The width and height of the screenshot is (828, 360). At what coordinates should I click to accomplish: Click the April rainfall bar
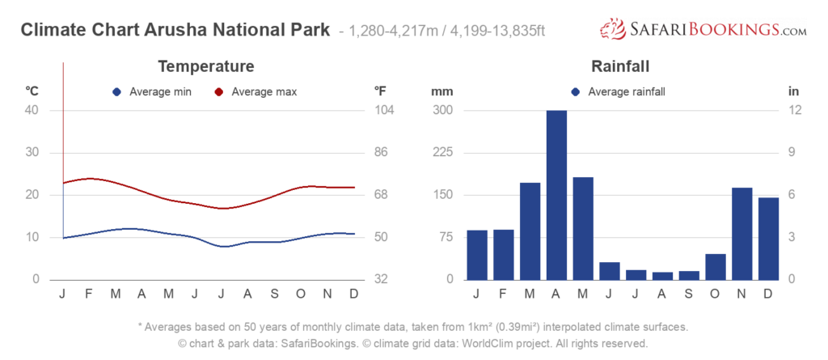(x=556, y=195)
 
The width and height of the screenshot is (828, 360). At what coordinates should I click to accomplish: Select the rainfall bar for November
(x=742, y=234)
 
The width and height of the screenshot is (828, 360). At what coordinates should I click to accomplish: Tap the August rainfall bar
(x=662, y=276)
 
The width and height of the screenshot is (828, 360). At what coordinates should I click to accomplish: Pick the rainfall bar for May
(x=583, y=228)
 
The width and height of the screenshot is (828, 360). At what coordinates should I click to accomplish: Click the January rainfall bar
(x=477, y=255)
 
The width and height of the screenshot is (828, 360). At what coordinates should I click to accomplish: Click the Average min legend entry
(x=152, y=92)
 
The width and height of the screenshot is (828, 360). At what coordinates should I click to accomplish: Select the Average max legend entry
(x=256, y=92)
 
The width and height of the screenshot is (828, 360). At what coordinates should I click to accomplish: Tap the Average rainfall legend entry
(x=618, y=92)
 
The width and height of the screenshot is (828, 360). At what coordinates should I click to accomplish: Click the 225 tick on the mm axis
(x=444, y=153)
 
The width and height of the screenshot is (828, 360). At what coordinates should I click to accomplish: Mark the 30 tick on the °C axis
(x=32, y=153)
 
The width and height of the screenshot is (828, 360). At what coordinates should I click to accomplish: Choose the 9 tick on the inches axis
(x=792, y=153)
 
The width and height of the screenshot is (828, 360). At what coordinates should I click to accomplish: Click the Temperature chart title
(x=206, y=66)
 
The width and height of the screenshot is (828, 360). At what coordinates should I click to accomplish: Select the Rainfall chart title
(x=620, y=66)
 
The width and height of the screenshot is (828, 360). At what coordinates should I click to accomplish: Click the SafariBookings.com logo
(x=703, y=28)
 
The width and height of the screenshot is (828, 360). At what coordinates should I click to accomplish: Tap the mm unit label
(x=442, y=91)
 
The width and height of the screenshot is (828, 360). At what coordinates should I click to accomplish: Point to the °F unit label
(x=380, y=91)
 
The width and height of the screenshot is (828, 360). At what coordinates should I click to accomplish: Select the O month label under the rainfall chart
(x=715, y=294)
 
